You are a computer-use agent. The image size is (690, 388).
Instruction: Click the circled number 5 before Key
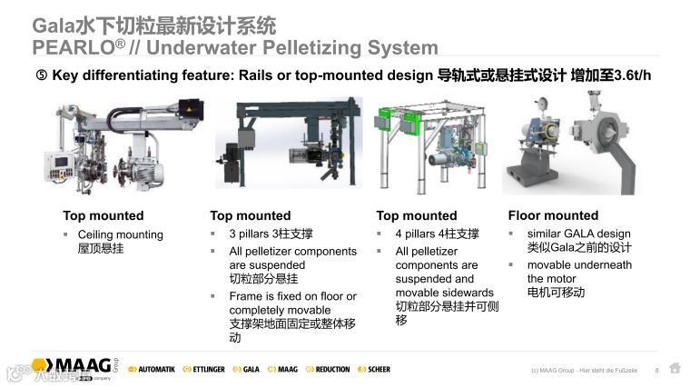pyautogui.click(x=41, y=76)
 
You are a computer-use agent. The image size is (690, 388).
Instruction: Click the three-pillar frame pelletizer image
pyautogui.click(x=288, y=146)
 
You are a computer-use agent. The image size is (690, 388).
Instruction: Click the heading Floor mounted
pyautogui.click(x=553, y=215)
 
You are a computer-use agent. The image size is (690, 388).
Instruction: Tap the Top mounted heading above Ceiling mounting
pyautogui.click(x=103, y=215)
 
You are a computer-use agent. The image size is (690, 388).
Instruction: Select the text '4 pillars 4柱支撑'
pyautogui.click(x=437, y=234)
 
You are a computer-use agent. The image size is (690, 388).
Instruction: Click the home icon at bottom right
pyautogui.click(x=674, y=368)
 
